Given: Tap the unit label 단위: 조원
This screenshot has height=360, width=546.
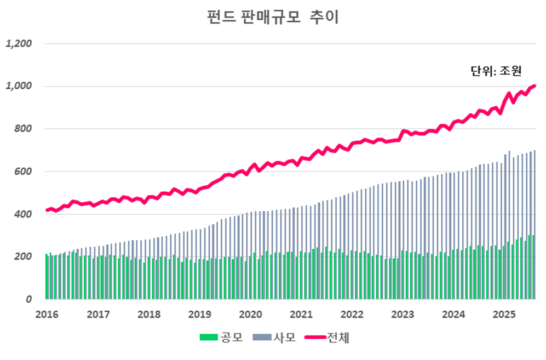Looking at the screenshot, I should click(496, 70).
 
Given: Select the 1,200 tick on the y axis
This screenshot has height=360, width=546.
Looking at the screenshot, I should click(19, 43).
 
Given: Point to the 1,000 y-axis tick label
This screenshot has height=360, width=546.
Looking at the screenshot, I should click(19, 86).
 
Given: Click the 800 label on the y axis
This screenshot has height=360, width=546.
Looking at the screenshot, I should click(23, 129).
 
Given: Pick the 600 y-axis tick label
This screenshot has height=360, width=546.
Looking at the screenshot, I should click(23, 172).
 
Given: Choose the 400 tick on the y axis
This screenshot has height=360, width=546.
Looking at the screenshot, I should click(23, 214).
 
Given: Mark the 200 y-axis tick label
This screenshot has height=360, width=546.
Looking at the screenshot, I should click(23, 257).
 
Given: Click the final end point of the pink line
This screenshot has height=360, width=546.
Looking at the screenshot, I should click(534, 85).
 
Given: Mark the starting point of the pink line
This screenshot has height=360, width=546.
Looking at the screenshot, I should click(47, 210).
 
